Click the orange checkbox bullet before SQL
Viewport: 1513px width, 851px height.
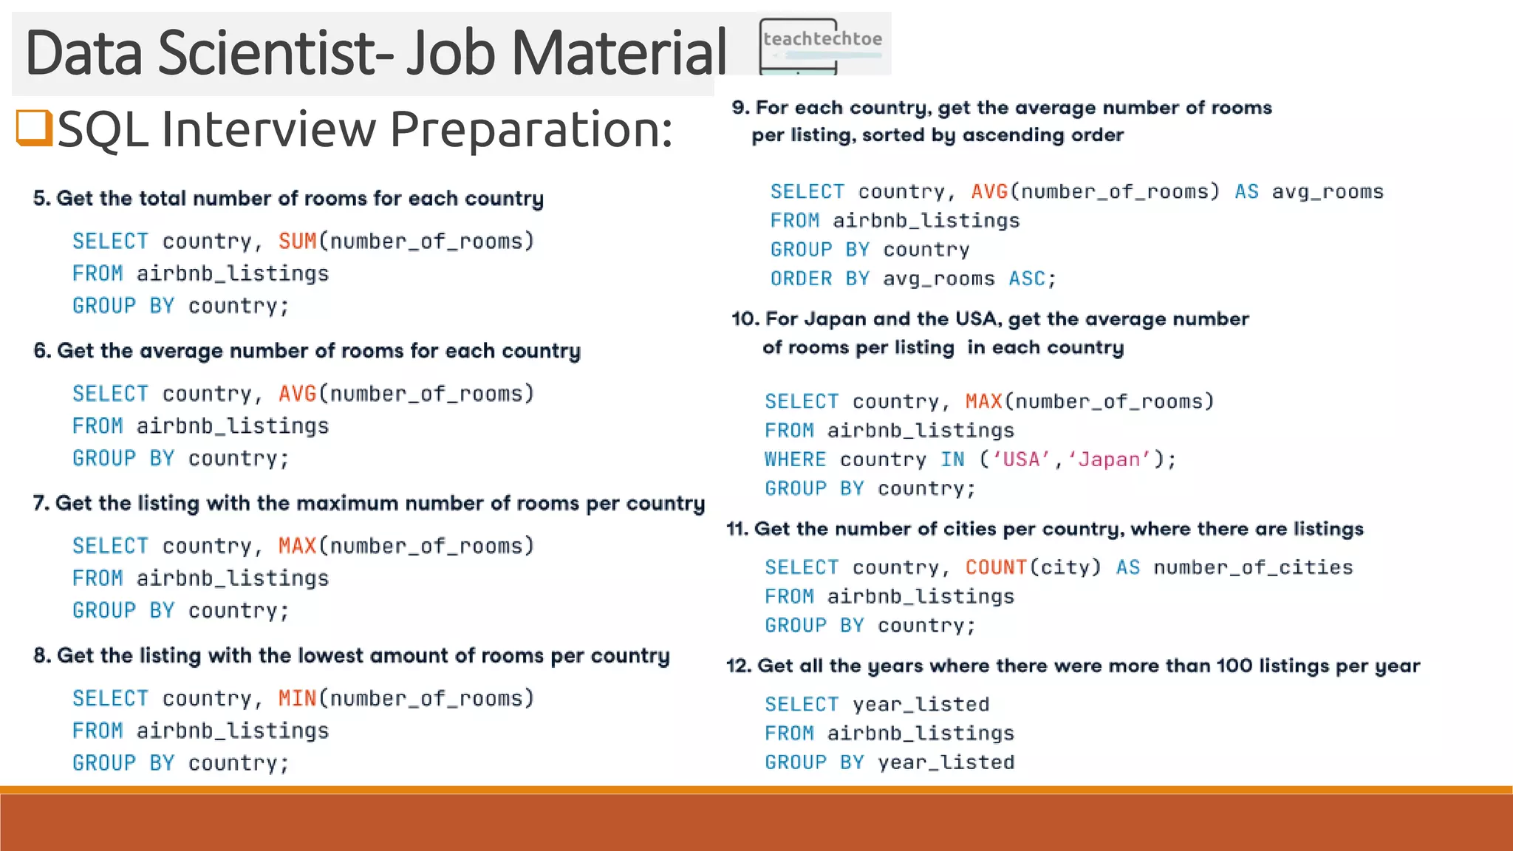tap(34, 127)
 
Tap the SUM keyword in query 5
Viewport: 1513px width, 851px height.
tap(297, 241)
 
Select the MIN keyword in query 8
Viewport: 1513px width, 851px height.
tap(297, 698)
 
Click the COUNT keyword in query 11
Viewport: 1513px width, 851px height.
tap(996, 567)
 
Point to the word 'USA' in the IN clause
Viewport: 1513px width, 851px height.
tap(1021, 460)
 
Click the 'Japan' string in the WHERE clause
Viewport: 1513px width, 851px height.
tap(1109, 460)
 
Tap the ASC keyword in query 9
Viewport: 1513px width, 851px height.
tap(1027, 278)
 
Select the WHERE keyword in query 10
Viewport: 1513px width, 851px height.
tap(795, 459)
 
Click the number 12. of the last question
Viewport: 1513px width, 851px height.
tap(739, 666)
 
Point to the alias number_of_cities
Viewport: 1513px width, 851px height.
tap(1253, 567)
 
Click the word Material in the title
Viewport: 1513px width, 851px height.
tap(619, 53)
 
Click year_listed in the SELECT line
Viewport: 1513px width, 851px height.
tap(921, 705)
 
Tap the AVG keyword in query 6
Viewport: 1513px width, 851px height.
tap(297, 394)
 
